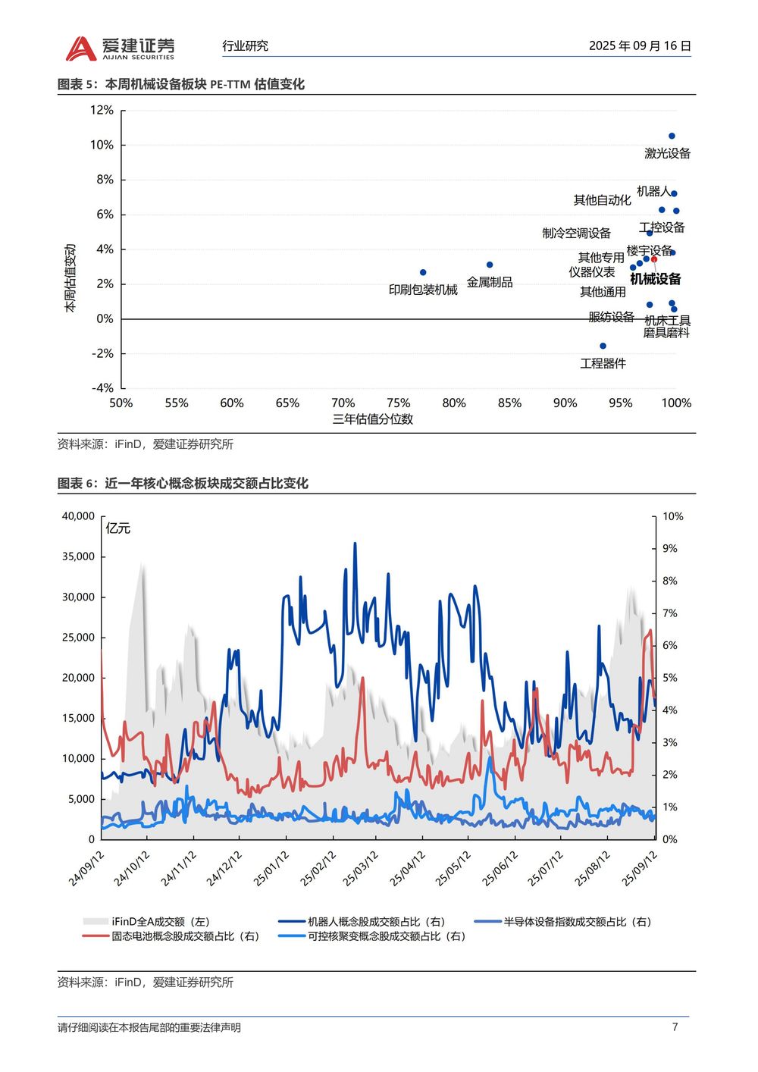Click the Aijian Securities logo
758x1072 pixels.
tap(120, 48)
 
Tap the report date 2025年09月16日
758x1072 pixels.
tap(640, 45)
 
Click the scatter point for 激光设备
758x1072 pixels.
tap(672, 136)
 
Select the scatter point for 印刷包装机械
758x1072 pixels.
tap(423, 272)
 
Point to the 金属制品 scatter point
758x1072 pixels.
tap(490, 265)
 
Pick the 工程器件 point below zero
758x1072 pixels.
tap(603, 346)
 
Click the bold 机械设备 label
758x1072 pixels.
tap(656, 279)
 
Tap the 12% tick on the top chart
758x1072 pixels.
tap(102, 110)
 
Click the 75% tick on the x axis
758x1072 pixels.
tap(398, 403)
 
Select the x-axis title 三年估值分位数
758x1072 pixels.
tap(372, 419)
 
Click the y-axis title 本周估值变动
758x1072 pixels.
tap(70, 278)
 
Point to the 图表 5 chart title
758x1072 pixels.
tap(181, 84)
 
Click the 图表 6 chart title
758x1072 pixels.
tap(183, 483)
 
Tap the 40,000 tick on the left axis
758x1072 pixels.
tap(78, 516)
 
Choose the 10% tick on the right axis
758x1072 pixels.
tap(672, 516)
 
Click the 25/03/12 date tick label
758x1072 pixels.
tap(361, 869)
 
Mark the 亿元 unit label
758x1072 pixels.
tap(118, 528)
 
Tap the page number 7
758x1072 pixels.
tap(675, 1027)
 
